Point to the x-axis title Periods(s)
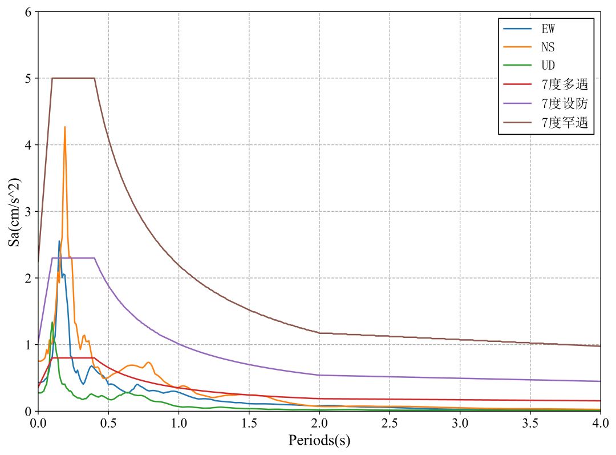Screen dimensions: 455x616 319,441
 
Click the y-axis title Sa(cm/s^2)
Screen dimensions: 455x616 15,211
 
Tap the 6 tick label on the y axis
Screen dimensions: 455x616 28,11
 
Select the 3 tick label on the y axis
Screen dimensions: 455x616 28,211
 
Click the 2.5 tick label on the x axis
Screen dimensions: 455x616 390,423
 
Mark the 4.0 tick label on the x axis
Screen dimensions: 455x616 600,423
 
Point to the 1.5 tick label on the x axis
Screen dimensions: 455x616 249,423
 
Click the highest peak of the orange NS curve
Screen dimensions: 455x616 64,127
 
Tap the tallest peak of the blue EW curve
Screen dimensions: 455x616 59,241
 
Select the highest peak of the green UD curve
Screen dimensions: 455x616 52,322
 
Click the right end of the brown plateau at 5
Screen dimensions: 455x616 94,78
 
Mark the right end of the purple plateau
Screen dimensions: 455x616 94,258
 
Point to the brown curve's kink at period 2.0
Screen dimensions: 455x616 319,333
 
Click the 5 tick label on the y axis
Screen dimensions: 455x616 28,78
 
